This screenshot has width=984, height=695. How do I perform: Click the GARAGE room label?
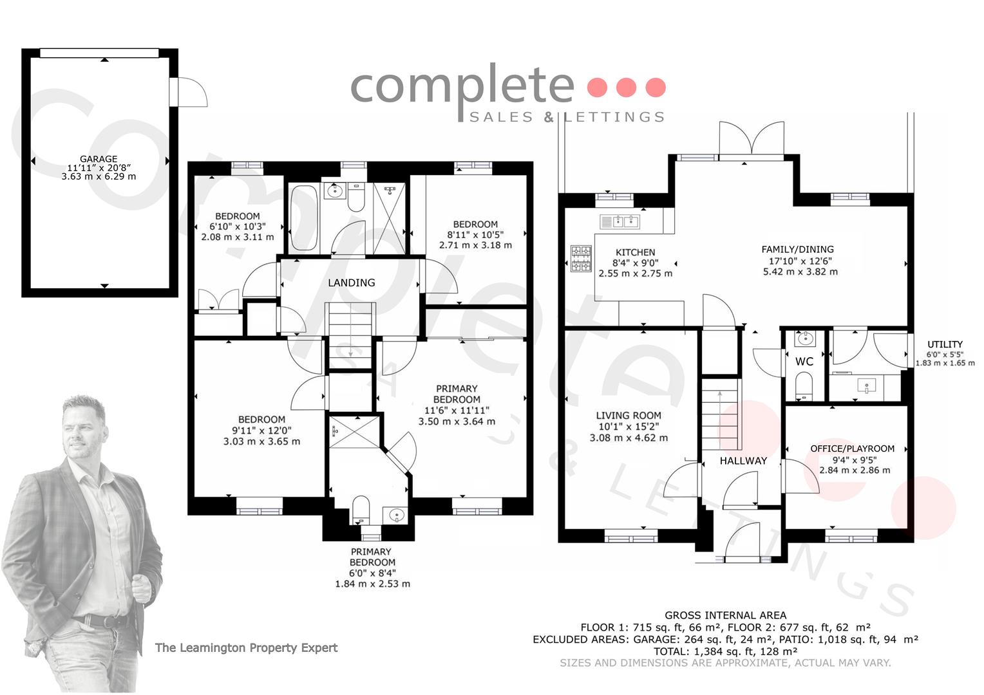coord(99,159)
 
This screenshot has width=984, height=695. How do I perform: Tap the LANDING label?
coord(352,283)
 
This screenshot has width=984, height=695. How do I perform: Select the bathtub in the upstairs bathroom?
coord(303,218)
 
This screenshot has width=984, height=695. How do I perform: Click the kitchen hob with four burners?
coord(581,259)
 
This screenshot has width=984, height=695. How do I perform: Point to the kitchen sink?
coord(620,222)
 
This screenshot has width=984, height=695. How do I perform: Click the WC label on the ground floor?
coord(804,362)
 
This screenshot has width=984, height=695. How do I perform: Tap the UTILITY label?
coord(945,345)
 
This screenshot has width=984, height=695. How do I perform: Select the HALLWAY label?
coord(743,461)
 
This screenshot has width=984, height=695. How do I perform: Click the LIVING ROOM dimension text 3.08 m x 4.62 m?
coord(629,438)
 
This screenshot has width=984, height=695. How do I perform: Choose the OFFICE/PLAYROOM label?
coord(852,449)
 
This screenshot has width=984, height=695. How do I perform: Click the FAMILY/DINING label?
coord(798,250)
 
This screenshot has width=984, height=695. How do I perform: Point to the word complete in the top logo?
coord(462,88)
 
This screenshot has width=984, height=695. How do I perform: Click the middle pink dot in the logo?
coord(627,87)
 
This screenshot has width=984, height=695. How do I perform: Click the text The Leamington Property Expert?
coord(247,647)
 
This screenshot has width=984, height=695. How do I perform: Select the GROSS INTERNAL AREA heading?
coord(725,616)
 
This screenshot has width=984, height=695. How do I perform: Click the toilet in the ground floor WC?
coord(804,385)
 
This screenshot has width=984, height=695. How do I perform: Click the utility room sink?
coord(867,386)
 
